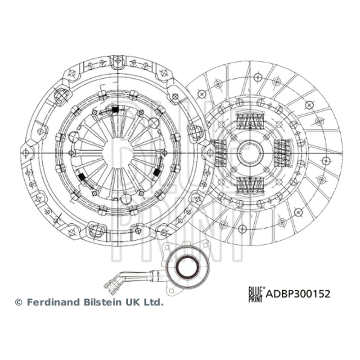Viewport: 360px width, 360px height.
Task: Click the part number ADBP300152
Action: pos(298,294)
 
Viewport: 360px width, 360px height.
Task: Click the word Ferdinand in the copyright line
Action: pos(54,302)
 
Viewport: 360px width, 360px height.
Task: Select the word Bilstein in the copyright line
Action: pos(103,302)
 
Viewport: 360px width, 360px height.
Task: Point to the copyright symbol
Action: pos(18,302)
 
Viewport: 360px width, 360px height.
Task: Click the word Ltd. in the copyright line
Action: pos(154,302)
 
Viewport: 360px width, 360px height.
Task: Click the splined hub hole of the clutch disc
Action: pos(250,153)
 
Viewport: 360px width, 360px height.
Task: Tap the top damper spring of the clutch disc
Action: pos(250,121)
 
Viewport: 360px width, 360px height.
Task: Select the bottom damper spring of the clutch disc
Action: pos(250,185)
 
